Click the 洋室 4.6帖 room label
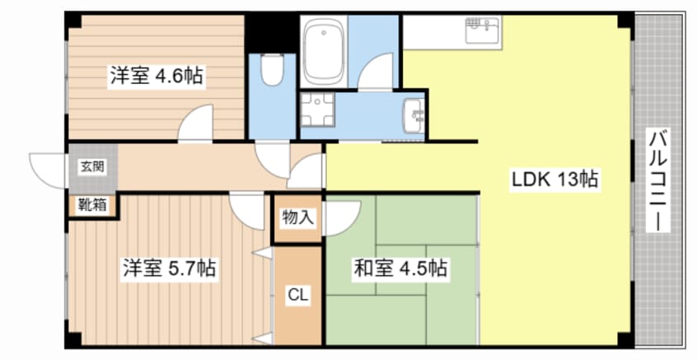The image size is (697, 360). point(157,77)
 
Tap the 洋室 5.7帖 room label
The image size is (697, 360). point(171,269)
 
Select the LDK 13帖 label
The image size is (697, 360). point(555,177)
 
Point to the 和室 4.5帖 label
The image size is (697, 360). point(400,269)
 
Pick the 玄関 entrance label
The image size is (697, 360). point(91,166)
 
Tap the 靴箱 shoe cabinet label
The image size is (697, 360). point(91,205)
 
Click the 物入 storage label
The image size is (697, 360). point(297,218)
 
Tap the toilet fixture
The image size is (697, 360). point(271,71)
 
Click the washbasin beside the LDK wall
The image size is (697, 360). point(414,113)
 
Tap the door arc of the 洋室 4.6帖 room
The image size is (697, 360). point(196,125)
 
